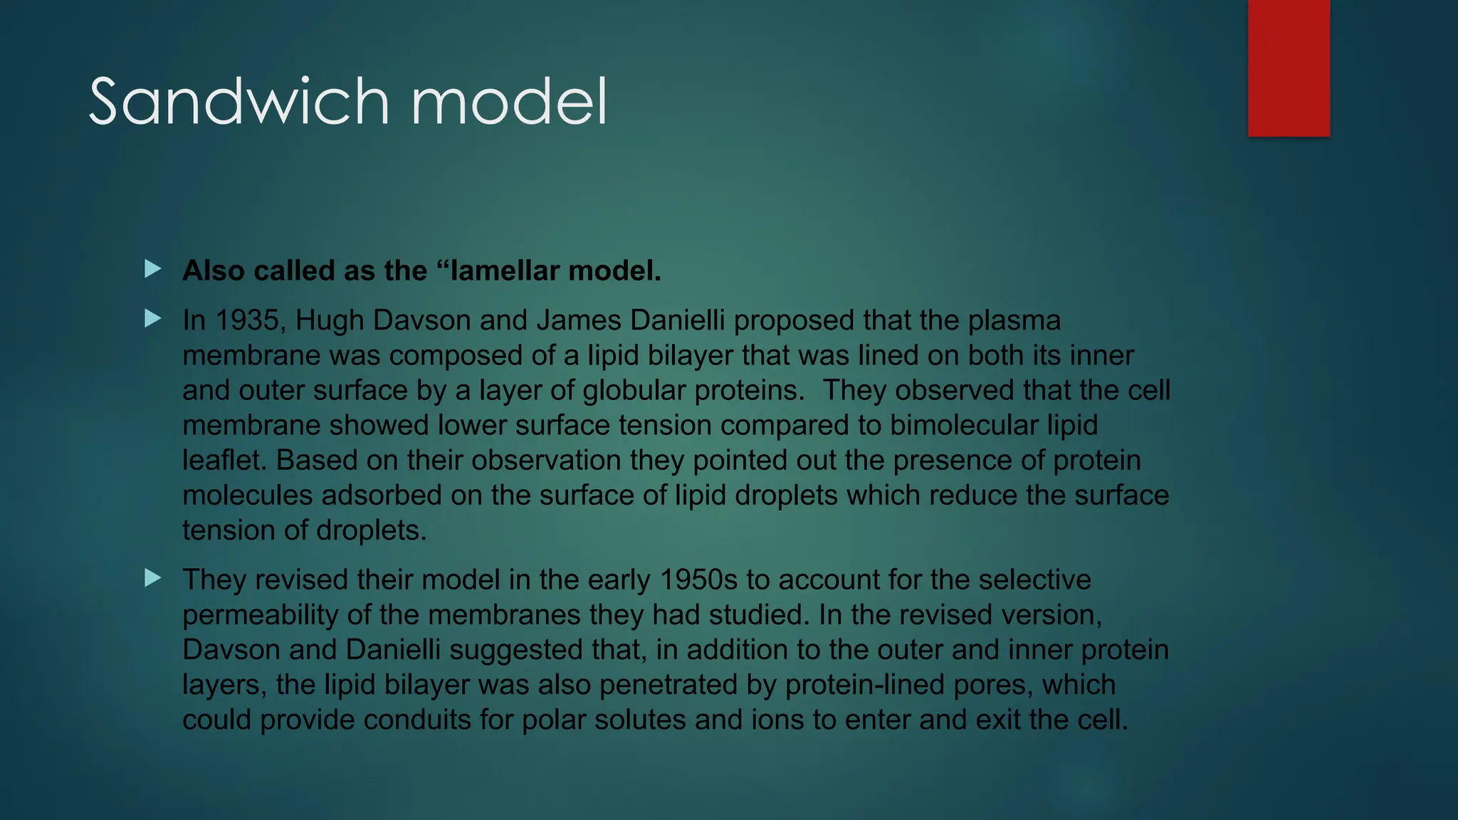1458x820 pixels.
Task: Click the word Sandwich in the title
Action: click(238, 102)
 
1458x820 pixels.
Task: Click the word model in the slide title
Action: click(509, 102)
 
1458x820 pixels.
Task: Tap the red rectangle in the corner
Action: click(1289, 68)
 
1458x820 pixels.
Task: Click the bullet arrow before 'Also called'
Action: click(152, 269)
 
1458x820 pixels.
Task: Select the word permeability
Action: click(260, 615)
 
